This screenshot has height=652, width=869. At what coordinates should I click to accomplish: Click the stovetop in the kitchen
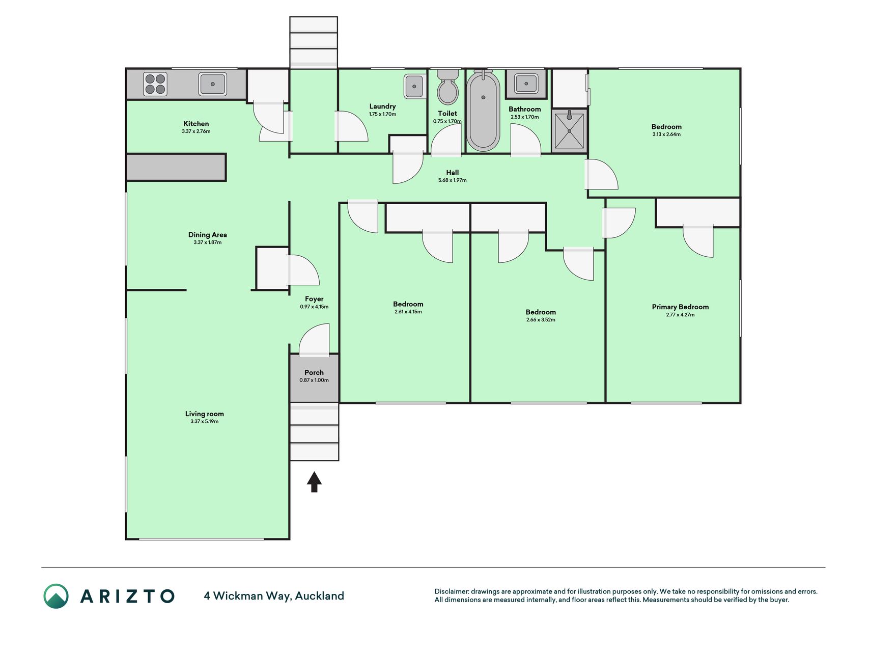(155, 85)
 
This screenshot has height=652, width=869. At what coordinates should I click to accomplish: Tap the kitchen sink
(213, 84)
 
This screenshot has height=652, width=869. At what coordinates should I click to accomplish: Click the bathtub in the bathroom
(483, 111)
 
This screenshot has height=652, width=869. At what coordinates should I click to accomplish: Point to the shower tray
(570, 131)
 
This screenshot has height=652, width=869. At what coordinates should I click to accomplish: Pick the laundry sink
(415, 86)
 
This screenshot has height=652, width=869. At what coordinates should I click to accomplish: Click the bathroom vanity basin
(526, 83)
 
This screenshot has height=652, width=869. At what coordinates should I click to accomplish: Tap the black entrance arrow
(314, 482)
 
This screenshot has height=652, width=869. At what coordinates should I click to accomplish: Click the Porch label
(314, 372)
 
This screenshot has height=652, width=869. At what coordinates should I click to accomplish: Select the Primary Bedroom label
(680, 307)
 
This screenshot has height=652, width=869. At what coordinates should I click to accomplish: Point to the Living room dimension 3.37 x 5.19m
(205, 422)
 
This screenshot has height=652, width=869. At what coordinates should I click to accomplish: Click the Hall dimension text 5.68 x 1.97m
(453, 180)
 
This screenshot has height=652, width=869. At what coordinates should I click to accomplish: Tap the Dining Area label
(208, 235)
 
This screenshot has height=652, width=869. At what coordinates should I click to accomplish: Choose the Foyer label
(314, 299)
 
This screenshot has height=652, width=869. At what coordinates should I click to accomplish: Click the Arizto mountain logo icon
(56, 596)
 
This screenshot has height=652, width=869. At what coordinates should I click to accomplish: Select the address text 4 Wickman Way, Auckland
(274, 596)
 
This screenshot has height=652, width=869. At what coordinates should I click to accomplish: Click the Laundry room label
(382, 106)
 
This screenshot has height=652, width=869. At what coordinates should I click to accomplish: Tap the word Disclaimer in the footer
(451, 591)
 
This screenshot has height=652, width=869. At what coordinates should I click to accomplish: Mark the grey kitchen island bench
(176, 168)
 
